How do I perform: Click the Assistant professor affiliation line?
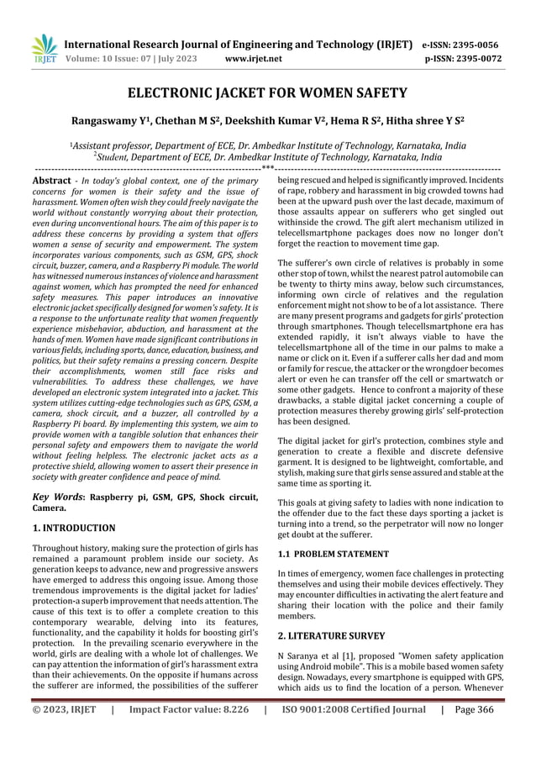click(268, 145)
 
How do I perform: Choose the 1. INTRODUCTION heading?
click(74, 528)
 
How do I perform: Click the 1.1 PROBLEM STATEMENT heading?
click(334, 554)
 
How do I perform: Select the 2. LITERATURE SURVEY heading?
click(332, 635)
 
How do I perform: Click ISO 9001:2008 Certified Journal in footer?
click(354, 732)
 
